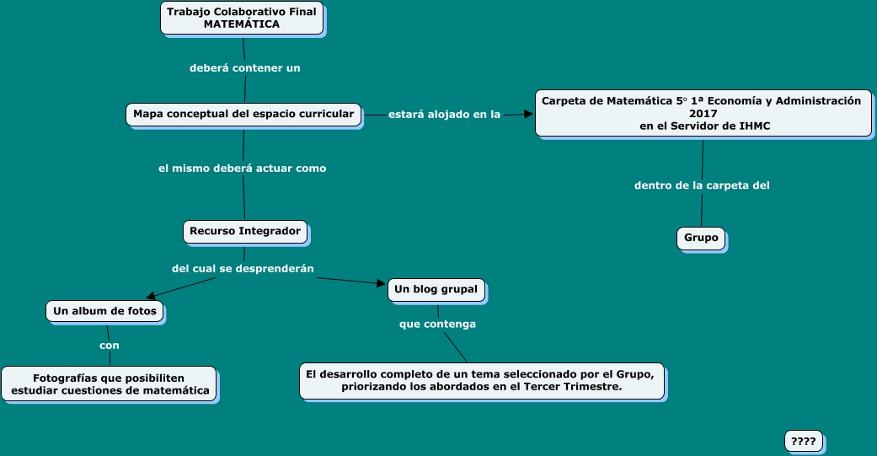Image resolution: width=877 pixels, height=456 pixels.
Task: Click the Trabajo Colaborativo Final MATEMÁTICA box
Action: [x=242, y=18]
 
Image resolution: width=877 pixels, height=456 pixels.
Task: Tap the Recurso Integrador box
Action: [x=245, y=231]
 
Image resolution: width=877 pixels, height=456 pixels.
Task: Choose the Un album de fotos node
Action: [x=104, y=311]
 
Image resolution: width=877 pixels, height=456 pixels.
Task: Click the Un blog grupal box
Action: [x=436, y=289]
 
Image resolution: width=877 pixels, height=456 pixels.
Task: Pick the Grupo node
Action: [x=701, y=238]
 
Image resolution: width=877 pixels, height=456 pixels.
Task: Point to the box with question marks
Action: [x=803, y=441]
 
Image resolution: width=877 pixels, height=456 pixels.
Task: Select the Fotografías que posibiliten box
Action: [x=109, y=384]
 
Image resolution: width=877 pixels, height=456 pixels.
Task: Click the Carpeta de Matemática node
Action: [x=703, y=113]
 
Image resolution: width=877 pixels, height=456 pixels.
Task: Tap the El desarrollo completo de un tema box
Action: [x=481, y=380]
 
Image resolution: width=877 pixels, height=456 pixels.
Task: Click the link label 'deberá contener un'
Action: [x=244, y=67]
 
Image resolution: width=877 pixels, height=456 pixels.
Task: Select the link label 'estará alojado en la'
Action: [x=444, y=114]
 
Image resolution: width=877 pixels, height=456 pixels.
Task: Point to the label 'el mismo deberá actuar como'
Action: [x=242, y=168]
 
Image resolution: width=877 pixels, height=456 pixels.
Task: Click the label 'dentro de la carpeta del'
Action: [x=702, y=185]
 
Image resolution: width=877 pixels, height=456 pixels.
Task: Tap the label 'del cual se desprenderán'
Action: [x=243, y=268]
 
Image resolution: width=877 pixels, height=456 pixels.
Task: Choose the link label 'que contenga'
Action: [x=437, y=324]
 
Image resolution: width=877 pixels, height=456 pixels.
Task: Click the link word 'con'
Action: [x=110, y=345]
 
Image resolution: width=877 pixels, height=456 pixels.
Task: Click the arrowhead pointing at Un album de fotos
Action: [x=151, y=296]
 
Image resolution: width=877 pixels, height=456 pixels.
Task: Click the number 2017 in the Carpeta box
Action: [x=703, y=113]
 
